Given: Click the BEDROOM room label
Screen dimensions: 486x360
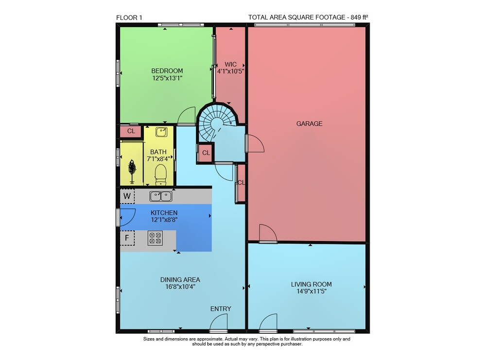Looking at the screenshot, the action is tap(167, 70).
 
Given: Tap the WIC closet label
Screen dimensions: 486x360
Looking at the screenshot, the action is tap(230, 65).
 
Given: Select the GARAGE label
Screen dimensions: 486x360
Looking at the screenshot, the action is tap(309, 123).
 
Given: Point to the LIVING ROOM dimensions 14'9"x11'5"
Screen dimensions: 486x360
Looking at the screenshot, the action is tap(311, 291).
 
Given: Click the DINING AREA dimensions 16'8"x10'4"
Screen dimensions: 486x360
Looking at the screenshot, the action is tap(180, 287).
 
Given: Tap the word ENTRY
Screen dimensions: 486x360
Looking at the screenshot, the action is tap(221, 309).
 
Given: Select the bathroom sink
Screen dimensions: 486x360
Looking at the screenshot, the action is tap(161, 132).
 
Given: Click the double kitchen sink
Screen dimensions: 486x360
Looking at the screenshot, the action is tap(161, 196).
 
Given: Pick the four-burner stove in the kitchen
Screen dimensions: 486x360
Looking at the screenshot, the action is tap(156, 238).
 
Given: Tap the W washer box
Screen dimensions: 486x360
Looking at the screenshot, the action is tap(127, 196).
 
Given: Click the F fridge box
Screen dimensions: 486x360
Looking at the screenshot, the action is tap(127, 238).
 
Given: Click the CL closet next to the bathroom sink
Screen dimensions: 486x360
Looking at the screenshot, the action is tap(131, 131).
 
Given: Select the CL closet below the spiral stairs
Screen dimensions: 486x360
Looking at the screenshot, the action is tap(206, 153).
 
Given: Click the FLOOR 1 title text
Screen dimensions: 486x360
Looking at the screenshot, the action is tap(129, 17).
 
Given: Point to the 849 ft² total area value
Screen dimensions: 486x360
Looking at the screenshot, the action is tap(360, 17).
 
